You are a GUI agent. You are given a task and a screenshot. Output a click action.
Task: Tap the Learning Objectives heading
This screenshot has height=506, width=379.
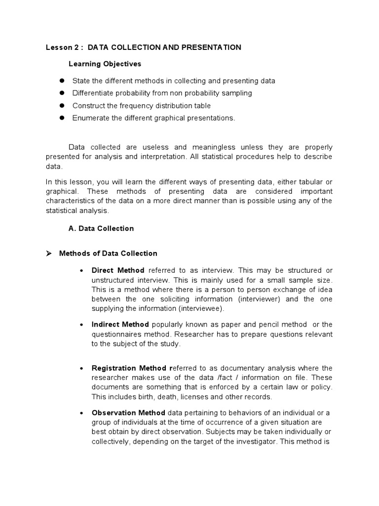coord(105,64)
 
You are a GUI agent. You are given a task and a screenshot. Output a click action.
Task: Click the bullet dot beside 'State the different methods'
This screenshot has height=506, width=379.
coord(62,81)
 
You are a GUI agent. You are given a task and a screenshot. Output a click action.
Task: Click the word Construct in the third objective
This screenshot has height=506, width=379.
coord(87,105)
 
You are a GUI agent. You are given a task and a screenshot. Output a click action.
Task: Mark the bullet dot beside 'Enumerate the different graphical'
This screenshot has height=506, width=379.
coord(62,118)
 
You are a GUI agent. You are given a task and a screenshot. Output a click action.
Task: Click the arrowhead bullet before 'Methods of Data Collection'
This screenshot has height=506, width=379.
coord(49,253)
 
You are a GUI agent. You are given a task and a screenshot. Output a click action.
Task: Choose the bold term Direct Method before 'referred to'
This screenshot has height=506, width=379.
coord(118,270)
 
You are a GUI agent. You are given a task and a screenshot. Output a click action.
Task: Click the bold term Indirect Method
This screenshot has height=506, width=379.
coord(120,325)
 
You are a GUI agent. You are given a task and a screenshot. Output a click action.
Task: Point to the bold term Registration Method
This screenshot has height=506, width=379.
coord(130,368)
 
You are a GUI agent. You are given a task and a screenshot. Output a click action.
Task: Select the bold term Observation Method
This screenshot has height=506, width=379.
coord(129,413)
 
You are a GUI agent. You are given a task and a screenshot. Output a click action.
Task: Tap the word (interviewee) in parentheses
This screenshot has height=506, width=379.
coord(202,309)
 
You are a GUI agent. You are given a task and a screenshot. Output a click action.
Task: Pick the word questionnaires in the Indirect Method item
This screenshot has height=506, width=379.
coord(116,335)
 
